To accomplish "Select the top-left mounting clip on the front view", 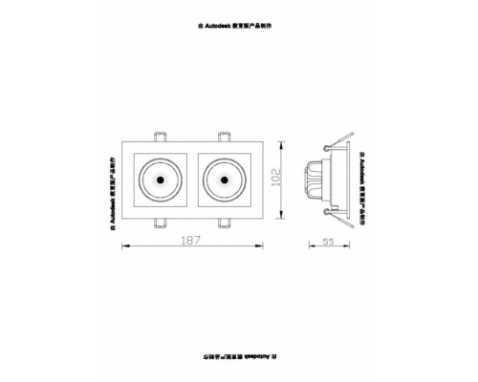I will click(160, 136).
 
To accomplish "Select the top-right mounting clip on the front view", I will click(227, 136).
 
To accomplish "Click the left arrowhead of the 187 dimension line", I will click(125, 247).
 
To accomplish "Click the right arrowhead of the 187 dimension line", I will click(262, 247).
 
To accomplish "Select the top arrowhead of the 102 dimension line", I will click(280, 143).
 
